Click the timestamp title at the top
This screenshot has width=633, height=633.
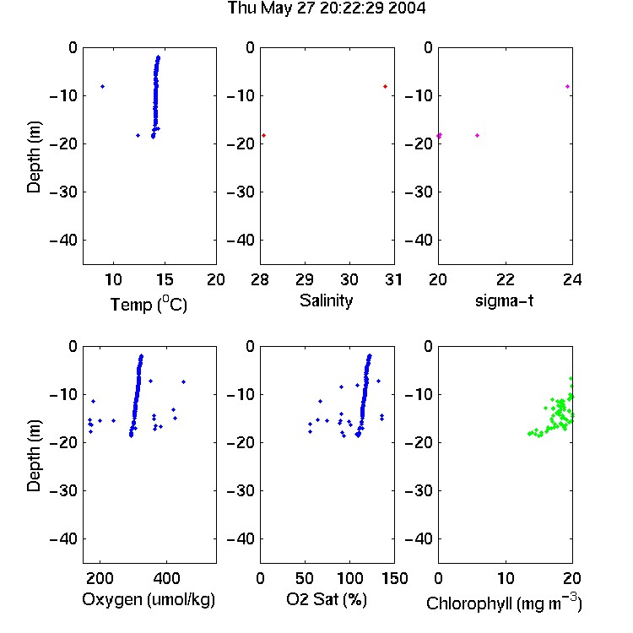tap(326, 8)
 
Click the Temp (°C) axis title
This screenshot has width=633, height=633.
tap(149, 304)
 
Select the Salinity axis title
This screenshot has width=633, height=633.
tap(326, 300)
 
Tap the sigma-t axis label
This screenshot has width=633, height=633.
tap(504, 300)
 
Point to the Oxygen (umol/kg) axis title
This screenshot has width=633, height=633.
tap(149, 599)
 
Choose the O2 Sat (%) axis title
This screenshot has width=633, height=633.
tap(326, 599)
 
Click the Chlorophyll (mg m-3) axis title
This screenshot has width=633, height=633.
tap(504, 603)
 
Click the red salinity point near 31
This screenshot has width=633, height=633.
tap(385, 86)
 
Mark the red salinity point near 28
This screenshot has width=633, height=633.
tap(263, 135)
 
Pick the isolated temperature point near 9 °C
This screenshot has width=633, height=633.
tap(102, 86)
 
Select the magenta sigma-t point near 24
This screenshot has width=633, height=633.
tap(568, 86)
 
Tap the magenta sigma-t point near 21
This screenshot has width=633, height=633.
tap(477, 135)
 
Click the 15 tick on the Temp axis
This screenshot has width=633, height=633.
tap(165, 279)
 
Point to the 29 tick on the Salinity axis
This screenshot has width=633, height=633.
tap(305, 279)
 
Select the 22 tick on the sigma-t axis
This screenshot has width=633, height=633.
tap(506, 279)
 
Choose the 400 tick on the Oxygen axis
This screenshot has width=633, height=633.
tap(167, 578)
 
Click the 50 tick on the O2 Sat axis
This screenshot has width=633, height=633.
tap(305, 578)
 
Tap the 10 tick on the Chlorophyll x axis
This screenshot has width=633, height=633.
tap(506, 578)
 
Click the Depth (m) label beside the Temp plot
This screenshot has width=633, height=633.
tap(34, 157)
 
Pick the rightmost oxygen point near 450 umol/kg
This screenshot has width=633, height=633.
tap(183, 381)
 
